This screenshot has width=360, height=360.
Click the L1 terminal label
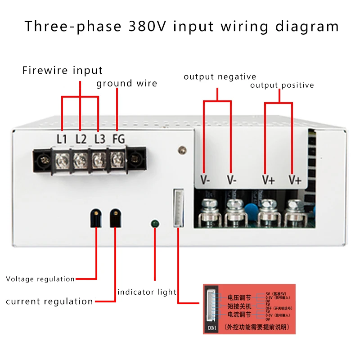click(x=62, y=139)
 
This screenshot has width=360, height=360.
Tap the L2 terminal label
click(x=81, y=139)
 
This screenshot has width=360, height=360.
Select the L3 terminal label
click(x=99, y=139)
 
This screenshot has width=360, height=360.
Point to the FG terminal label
click(x=118, y=139)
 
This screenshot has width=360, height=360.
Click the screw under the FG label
click(x=118, y=157)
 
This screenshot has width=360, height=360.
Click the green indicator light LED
click(x=155, y=223)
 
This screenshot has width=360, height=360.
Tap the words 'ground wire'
click(x=126, y=83)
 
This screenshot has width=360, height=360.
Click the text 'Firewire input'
click(x=63, y=71)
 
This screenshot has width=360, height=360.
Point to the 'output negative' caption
click(x=220, y=77)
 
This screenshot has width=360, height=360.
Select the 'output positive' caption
click(x=282, y=85)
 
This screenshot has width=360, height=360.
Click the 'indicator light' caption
click(x=147, y=292)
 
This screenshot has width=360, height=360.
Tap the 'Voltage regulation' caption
click(x=40, y=279)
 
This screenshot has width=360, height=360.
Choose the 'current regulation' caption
click(x=49, y=301)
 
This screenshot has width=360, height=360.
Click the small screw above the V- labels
click(x=182, y=149)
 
